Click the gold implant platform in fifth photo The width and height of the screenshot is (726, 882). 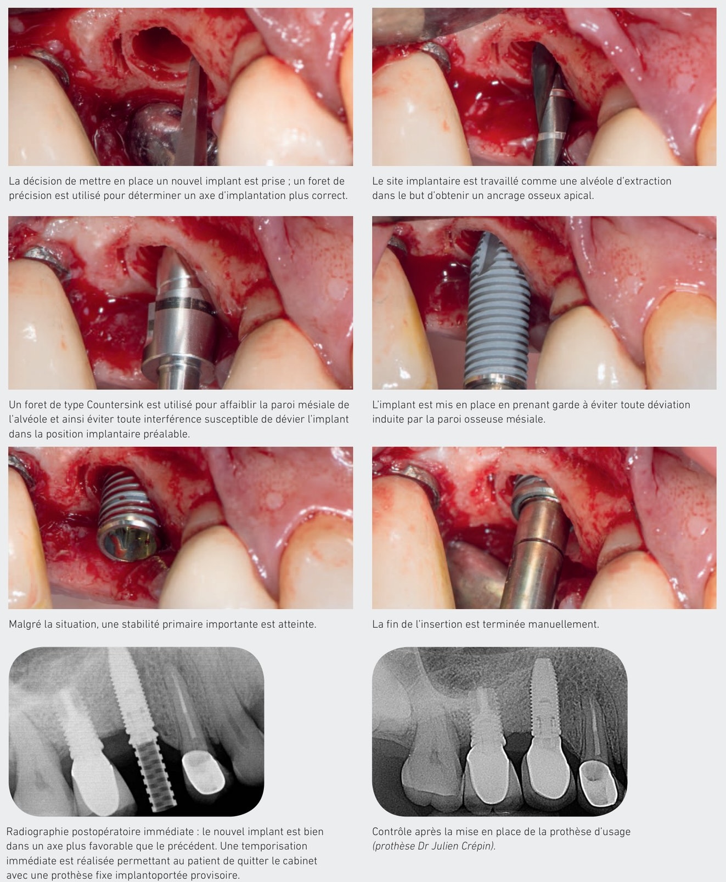(128, 543)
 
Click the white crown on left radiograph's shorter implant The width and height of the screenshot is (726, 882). (93, 778)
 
